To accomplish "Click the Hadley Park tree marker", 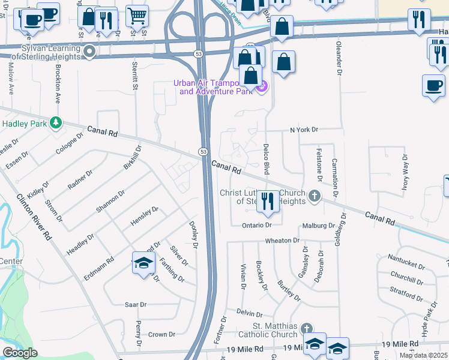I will point(56,122).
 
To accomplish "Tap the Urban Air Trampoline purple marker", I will point(261,89).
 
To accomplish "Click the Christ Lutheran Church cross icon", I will point(313,196).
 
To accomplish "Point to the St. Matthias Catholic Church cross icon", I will point(306,328).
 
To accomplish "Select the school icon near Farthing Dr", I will point(143,262).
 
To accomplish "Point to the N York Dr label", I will point(304,130).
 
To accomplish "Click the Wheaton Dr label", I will point(282,241).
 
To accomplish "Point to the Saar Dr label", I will point(134,305).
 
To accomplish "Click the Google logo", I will point(20,353).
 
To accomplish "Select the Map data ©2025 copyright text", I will point(423,355).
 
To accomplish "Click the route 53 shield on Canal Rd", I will point(203,151).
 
